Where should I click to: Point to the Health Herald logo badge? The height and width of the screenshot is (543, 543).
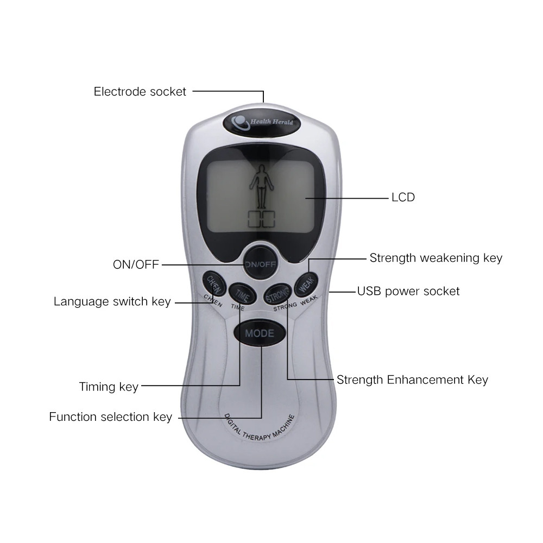[x=262, y=122]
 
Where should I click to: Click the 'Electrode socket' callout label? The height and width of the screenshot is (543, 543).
[x=140, y=91]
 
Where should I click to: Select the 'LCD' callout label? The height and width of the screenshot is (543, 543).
[x=403, y=197]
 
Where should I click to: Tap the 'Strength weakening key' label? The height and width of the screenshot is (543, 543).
[x=436, y=258]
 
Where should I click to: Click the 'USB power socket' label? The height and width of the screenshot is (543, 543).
[x=408, y=291]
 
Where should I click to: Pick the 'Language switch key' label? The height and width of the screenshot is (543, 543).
[x=112, y=301]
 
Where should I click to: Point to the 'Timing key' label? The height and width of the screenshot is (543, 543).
[x=109, y=387]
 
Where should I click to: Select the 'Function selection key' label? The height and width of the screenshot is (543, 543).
[x=110, y=417]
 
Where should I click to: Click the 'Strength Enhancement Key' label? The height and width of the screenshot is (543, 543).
[x=412, y=380]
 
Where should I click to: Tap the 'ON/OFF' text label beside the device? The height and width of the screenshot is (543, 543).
[x=136, y=264]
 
